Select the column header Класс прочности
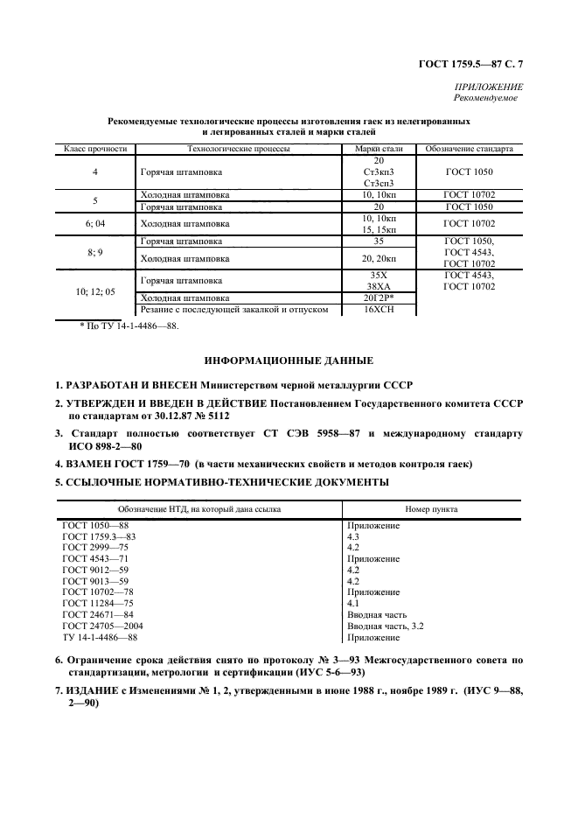coord(94,150)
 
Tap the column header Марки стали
coord(378,150)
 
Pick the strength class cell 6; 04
coord(94,224)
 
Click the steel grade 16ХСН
coord(379,310)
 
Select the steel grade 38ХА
coord(379,286)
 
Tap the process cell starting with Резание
coord(234,310)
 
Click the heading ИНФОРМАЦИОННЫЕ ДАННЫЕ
coord(289,360)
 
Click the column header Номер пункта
coord(431,508)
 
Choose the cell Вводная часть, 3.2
coord(386,626)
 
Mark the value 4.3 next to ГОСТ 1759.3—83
coord(354,535)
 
